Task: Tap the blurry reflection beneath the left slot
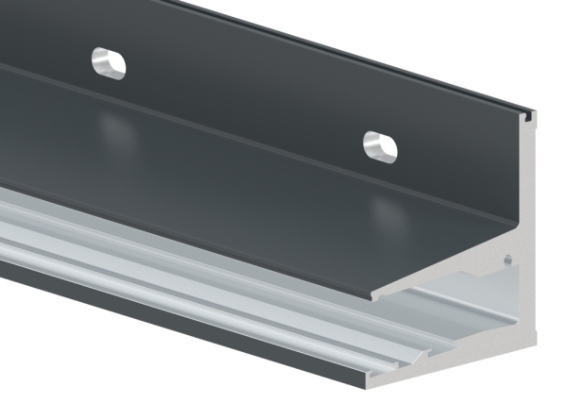click(115, 127)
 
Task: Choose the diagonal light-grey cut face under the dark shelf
click(444, 274)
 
